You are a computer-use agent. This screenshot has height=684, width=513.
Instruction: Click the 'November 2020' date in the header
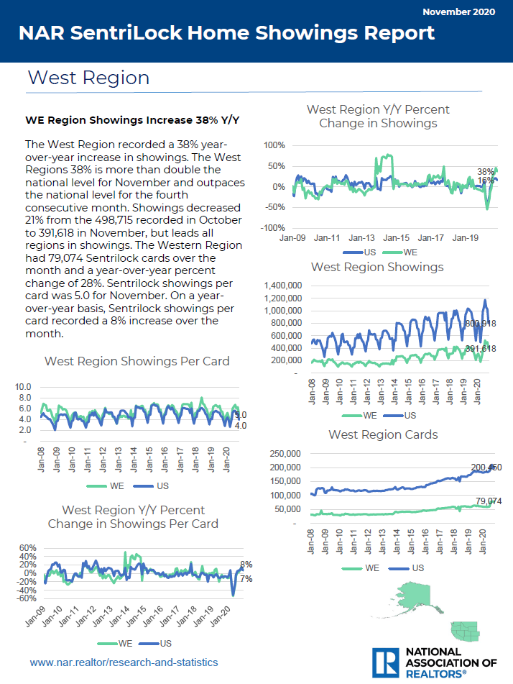click(461, 12)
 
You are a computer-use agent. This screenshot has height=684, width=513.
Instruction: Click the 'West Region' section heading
click(88, 78)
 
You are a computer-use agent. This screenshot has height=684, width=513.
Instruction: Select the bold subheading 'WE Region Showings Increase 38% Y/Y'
click(132, 119)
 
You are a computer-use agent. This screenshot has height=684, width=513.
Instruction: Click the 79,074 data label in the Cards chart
click(488, 501)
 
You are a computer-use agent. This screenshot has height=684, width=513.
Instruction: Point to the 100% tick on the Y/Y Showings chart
click(275, 145)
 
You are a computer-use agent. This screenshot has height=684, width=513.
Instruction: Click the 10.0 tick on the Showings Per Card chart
click(23, 386)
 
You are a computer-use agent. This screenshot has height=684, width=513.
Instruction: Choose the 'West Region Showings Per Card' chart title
click(137, 361)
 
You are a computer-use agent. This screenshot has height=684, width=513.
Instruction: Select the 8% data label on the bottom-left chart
click(246, 565)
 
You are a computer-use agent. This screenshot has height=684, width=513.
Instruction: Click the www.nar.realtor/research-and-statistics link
click(124, 662)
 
